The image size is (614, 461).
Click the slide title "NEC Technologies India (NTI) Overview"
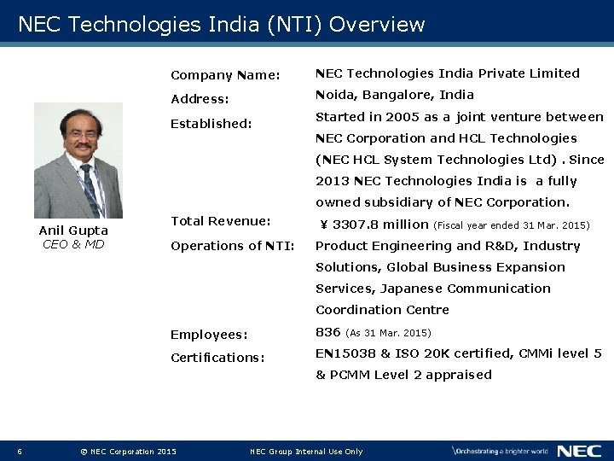[221, 24]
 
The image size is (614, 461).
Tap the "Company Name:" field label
[225, 75]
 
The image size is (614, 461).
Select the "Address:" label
[200, 99]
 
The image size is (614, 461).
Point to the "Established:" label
[211, 123]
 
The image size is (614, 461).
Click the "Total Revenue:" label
[220, 221]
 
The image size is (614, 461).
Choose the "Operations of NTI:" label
[233, 246]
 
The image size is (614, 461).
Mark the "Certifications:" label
[217, 358]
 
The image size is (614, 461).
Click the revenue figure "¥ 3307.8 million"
[374, 225]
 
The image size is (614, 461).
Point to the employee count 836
[328, 332]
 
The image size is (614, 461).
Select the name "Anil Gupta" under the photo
[73, 230]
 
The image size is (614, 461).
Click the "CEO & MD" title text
[73, 244]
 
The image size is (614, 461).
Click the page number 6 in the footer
[20, 451]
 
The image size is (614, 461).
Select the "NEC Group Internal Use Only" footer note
[306, 451]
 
